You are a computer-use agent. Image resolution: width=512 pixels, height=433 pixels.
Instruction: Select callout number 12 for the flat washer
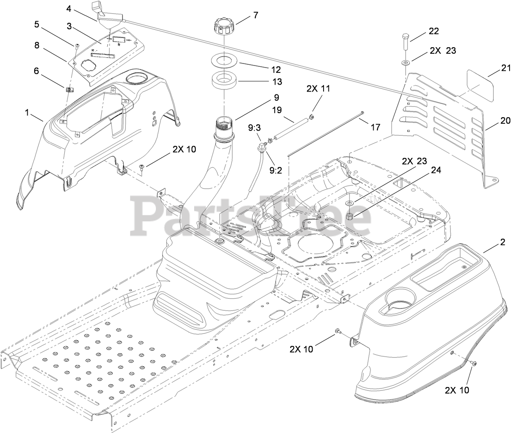277,70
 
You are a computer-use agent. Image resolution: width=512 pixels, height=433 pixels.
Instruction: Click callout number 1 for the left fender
27,113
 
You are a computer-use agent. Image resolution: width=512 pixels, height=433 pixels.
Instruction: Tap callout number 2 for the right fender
503,243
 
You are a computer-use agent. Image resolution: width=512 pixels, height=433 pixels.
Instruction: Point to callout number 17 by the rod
375,127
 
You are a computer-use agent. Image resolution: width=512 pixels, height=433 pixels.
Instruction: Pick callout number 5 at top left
37,24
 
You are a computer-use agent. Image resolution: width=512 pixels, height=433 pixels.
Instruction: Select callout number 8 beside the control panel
37,45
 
